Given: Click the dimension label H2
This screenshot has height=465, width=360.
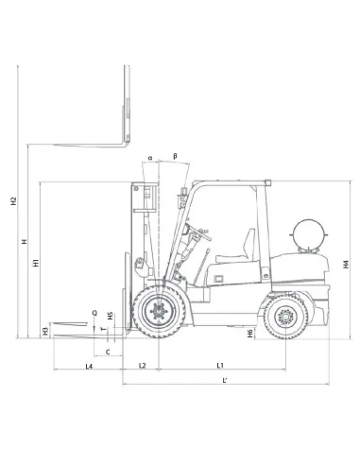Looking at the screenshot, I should (x=13, y=200).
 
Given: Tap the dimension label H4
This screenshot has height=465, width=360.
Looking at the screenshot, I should (x=347, y=264).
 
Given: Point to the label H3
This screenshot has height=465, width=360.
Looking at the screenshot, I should (x=45, y=330).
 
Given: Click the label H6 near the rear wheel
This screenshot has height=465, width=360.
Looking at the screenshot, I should (x=249, y=333).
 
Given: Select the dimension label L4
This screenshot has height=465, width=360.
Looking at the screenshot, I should (x=88, y=365).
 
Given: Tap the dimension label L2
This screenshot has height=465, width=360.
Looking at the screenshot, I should (x=142, y=365).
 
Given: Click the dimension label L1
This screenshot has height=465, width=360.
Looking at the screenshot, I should (x=220, y=365).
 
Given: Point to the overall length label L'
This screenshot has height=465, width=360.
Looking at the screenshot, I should (x=223, y=380).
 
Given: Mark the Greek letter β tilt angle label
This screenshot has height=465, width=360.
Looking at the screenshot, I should (x=175, y=156).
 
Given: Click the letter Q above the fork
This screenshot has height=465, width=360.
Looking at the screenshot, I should (x=94, y=311).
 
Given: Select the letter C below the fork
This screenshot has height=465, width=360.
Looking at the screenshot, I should (x=108, y=351).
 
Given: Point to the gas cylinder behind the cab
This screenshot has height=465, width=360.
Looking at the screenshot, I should (x=309, y=233).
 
